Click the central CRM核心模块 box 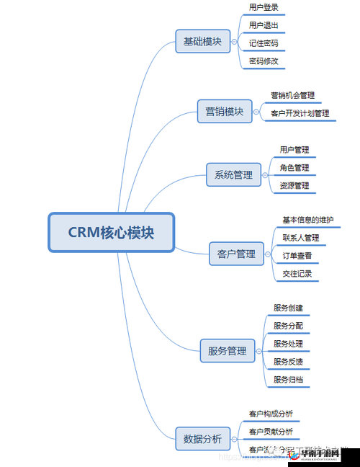(x=111, y=232)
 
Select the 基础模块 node (x=202, y=41)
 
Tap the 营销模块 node (x=224, y=112)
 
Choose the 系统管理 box (x=233, y=174)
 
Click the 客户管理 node (x=236, y=254)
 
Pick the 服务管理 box (x=227, y=351)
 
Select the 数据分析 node (x=202, y=438)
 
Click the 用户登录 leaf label (x=264, y=7)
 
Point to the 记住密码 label (x=264, y=43)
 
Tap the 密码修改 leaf (x=264, y=61)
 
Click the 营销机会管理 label (x=292, y=95)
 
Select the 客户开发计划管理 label (x=300, y=113)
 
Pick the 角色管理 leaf (x=294, y=168)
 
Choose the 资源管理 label (x=294, y=186)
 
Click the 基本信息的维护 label (x=307, y=220)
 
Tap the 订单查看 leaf (x=297, y=255)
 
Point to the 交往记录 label (x=297, y=273)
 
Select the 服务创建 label (x=288, y=308)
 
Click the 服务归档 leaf (x=288, y=379)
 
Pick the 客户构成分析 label (x=271, y=414)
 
